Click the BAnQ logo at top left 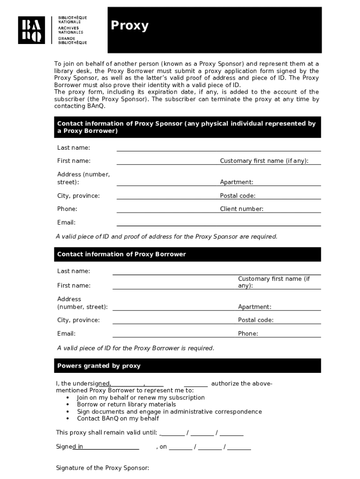[x=31, y=30]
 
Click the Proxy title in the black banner [x=130, y=26]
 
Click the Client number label [x=241, y=209]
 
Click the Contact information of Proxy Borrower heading [x=122, y=254]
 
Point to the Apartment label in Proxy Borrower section [x=254, y=307]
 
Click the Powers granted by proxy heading [x=99, y=366]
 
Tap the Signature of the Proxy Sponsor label [x=102, y=468]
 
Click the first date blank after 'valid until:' [x=172, y=433]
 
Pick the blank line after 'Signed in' [x=111, y=447]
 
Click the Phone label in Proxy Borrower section [x=248, y=334]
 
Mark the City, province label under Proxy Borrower [x=78, y=320]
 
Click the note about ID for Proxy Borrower [x=136, y=348]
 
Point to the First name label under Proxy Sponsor [x=74, y=161]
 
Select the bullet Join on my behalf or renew [x=141, y=398]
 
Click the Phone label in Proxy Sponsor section [x=67, y=209]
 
